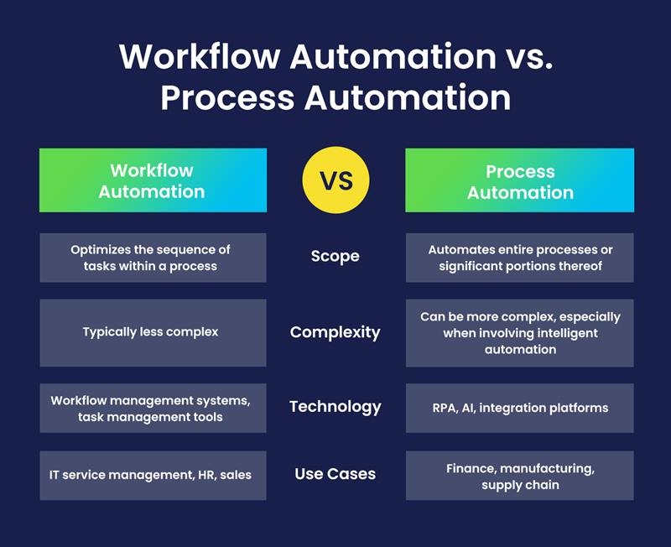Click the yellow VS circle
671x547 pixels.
[x=336, y=180]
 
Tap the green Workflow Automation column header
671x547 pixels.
[x=153, y=180]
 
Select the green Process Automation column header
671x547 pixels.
[x=519, y=180]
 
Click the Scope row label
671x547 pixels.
[x=335, y=257]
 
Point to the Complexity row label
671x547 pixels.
[x=335, y=332]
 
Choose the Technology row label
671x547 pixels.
[x=335, y=407]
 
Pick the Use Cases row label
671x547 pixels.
[x=335, y=474]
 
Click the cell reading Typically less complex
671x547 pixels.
[x=153, y=332]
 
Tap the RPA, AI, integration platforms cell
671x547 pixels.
[x=519, y=408]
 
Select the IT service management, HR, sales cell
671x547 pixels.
[x=153, y=475]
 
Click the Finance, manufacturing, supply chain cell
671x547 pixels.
[x=519, y=475]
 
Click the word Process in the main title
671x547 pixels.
[x=227, y=98]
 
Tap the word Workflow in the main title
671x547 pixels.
[x=200, y=56]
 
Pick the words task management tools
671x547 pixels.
[x=150, y=417]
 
